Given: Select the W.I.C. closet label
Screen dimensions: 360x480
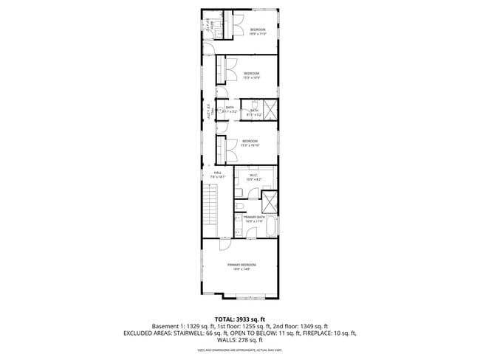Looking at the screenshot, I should pos(253,176).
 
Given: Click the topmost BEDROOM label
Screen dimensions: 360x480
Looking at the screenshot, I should pos(256,30).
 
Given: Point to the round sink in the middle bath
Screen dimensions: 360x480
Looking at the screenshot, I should pos(220,111).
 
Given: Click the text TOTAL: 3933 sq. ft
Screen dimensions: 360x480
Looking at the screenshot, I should pos(240,317).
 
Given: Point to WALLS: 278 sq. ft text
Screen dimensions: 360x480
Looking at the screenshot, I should pos(240,340).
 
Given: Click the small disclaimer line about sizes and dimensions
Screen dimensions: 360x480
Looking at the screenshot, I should pos(240,350).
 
